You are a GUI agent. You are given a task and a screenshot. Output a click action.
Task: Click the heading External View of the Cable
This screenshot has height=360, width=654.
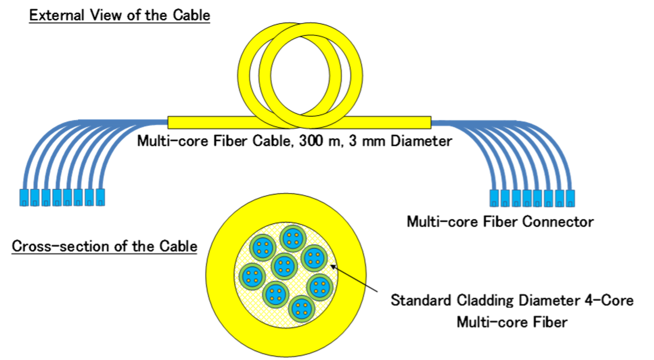[120, 15]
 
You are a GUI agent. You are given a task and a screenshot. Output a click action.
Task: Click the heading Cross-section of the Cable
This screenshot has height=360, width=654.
[104, 246]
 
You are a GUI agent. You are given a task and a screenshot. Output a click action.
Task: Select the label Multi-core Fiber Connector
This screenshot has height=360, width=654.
[500, 221]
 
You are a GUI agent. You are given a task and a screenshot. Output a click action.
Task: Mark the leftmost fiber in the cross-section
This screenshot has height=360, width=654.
[253, 276]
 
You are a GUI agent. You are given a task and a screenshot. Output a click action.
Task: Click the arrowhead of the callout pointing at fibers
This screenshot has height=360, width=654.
[333, 269]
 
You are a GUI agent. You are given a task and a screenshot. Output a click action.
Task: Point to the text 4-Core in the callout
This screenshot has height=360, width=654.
[609, 301]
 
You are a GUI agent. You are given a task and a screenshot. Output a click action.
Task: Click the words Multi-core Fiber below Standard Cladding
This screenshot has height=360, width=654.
[512, 322]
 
